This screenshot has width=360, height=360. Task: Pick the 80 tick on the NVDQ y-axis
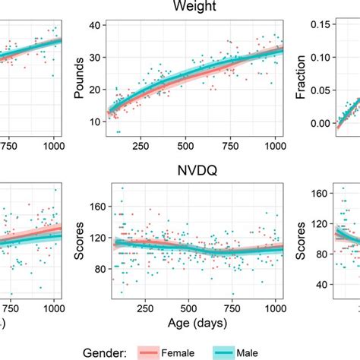(95, 269)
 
